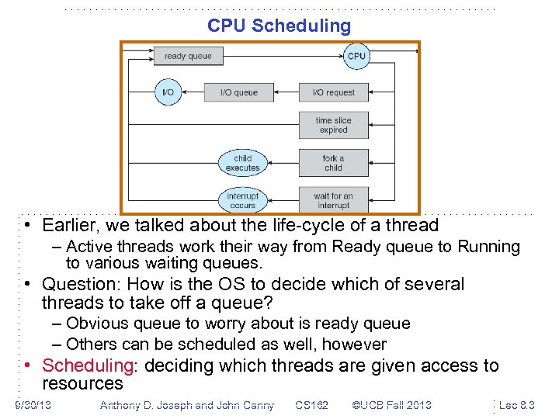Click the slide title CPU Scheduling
tap(279, 26)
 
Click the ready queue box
tap(188, 56)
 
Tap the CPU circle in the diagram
tap(356, 56)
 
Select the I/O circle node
tap(168, 92)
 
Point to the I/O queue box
tap(239, 92)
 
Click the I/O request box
tap(333, 92)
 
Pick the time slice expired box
tap(333, 125)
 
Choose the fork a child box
tap(333, 163)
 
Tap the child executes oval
tap(242, 163)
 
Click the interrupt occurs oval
tap(242, 200)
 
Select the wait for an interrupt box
tap(333, 200)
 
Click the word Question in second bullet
tap(76, 284)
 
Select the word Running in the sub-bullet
tap(489, 247)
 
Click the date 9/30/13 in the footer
tap(33, 405)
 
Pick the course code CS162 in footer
tap(312, 405)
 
